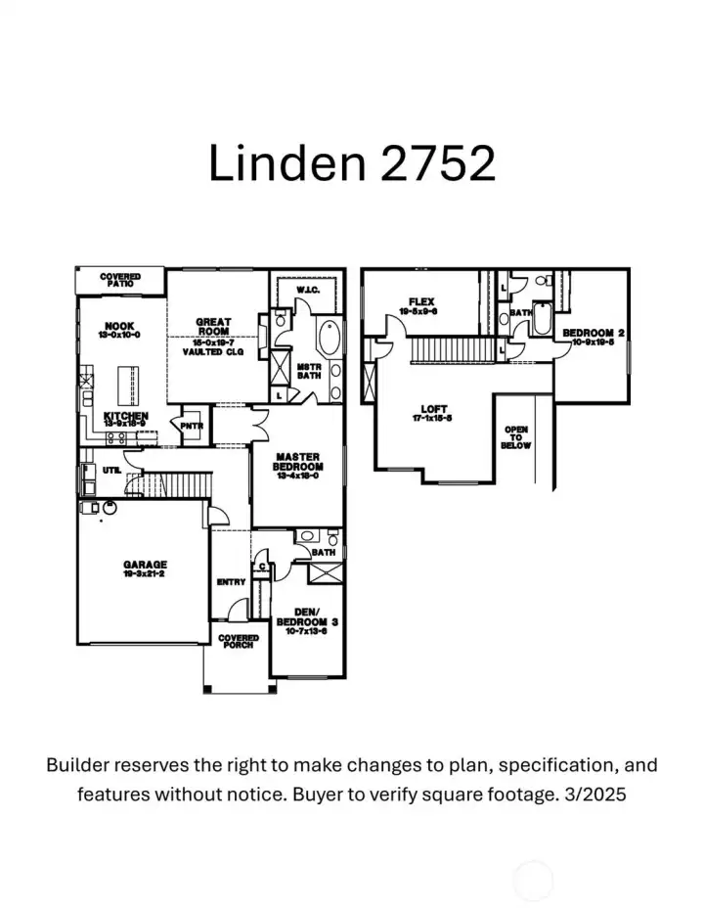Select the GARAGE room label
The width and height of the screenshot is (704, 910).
(x=145, y=565)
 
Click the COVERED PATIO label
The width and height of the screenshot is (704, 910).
(x=120, y=281)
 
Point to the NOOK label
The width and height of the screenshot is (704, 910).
(x=121, y=327)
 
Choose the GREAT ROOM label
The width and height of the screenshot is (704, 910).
(x=213, y=327)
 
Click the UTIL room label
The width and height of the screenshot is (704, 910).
(x=111, y=471)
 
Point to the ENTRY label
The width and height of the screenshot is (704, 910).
(x=231, y=582)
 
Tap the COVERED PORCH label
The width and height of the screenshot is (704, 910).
(x=238, y=642)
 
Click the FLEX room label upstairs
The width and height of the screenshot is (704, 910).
(x=423, y=302)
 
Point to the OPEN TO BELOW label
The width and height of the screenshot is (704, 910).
(x=516, y=437)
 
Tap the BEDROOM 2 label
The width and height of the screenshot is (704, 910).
(x=594, y=335)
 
